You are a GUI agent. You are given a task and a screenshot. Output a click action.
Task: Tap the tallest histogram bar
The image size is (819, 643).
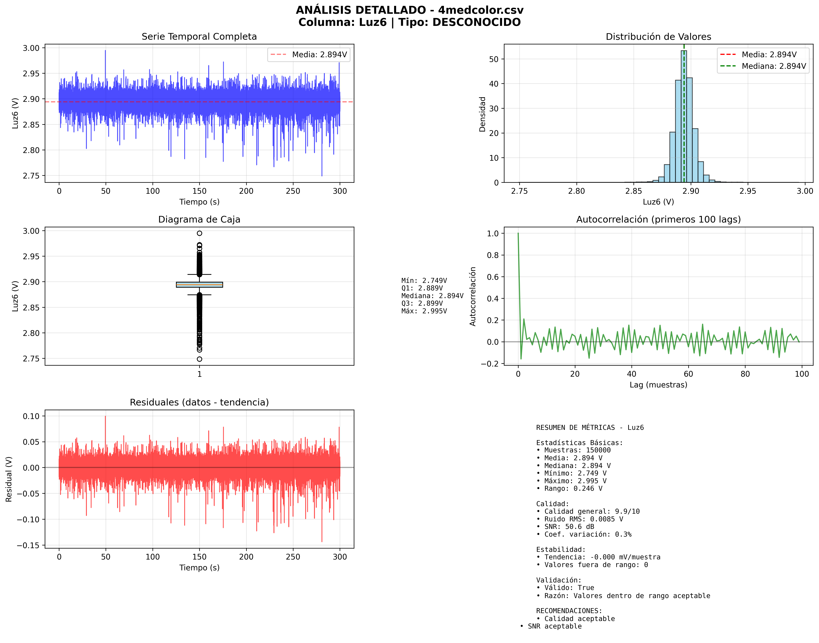pos(684,113)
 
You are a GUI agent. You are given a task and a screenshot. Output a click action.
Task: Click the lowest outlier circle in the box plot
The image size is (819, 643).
pos(199,359)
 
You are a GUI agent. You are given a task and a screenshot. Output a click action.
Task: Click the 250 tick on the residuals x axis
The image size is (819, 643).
pos(293,557)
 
